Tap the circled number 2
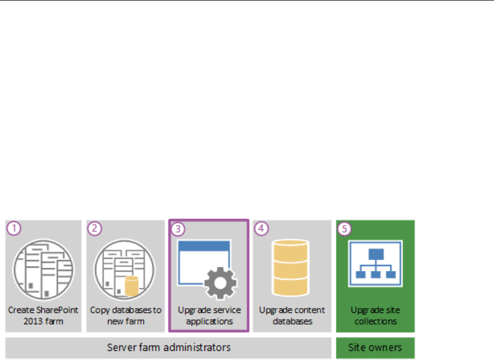[95, 228]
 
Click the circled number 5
[345, 228]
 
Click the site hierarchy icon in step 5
[375, 264]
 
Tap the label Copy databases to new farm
[125, 316]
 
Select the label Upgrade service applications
[209, 316]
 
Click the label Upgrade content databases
[292, 316]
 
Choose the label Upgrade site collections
[375, 316]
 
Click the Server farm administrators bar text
[169, 347]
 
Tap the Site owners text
[375, 347]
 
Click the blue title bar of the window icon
[209, 247]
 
